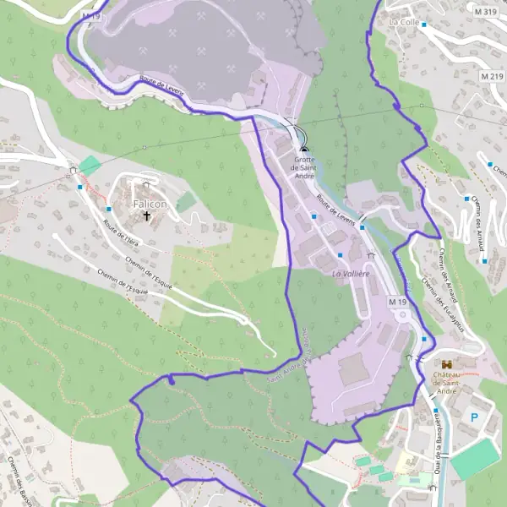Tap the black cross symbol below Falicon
pos(147,216)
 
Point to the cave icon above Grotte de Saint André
pos(304,149)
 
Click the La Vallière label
pos(351,274)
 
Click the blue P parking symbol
pos(474,417)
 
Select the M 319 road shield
pos(486,12)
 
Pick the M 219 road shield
pos(491,77)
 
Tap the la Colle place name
pos(405,21)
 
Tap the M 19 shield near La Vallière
pos(398,301)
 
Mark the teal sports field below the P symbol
pos(475,459)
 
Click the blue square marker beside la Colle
pos(423,25)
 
